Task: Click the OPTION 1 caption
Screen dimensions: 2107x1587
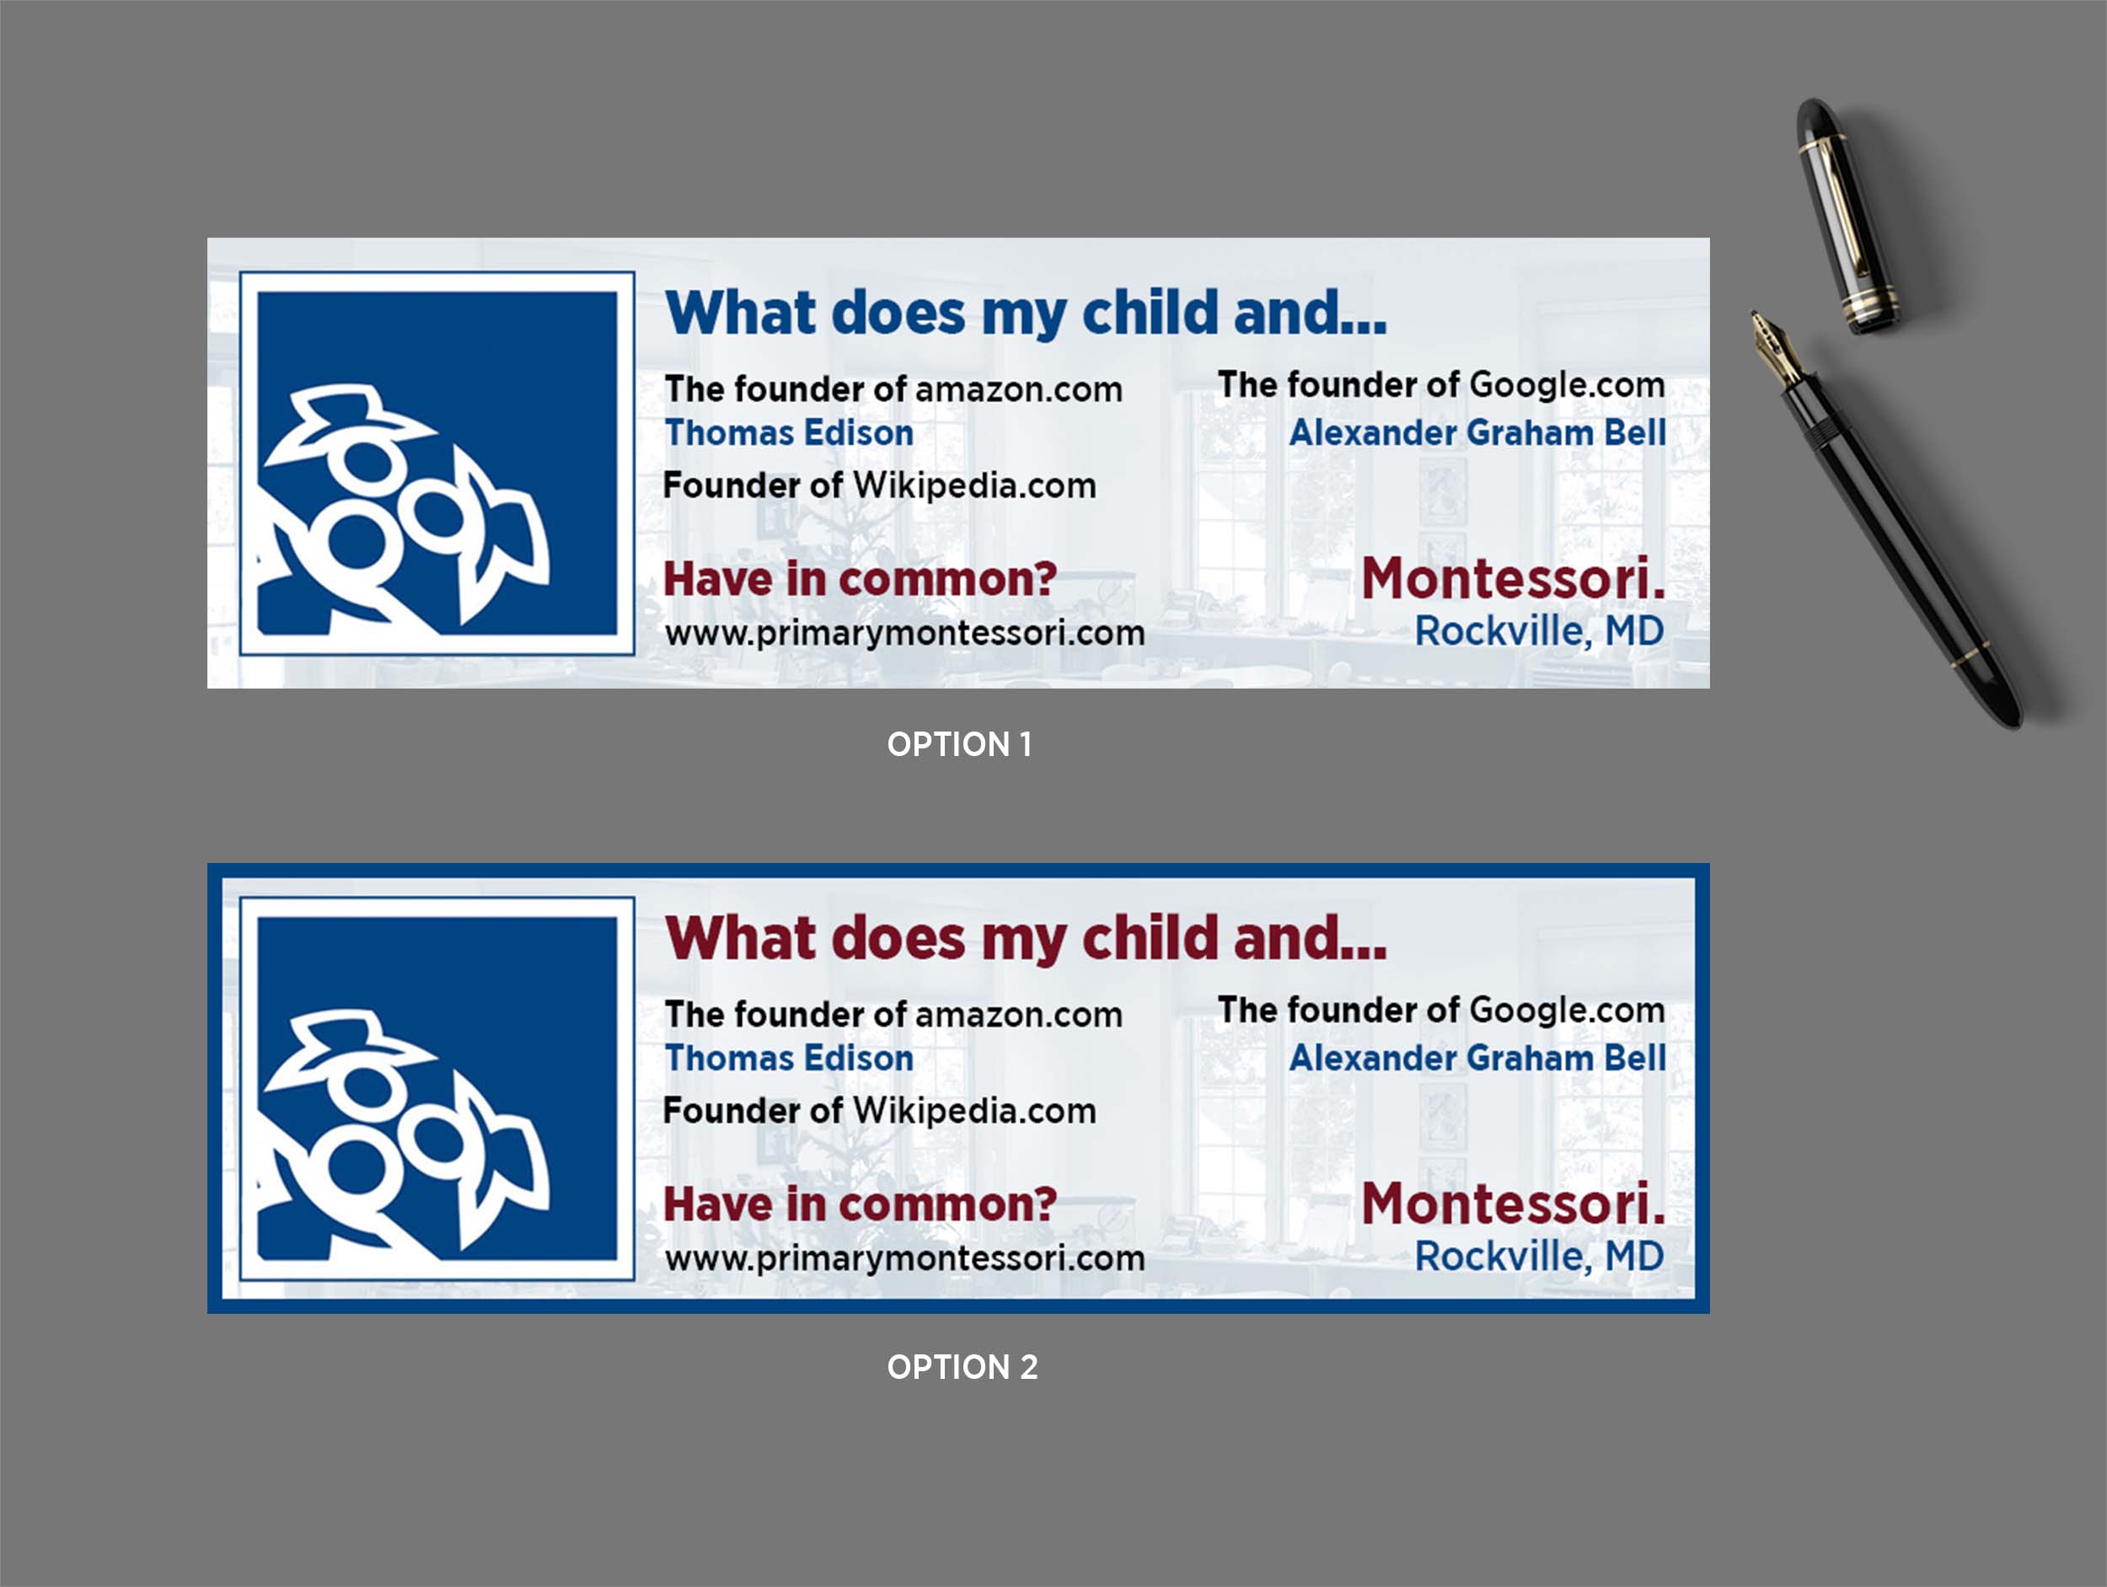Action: tap(959, 744)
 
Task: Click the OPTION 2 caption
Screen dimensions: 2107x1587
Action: tap(962, 1367)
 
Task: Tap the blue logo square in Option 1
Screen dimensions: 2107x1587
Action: tap(437, 463)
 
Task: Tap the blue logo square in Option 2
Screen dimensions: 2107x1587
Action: tap(437, 1088)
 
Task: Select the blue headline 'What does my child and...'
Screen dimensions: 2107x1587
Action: tap(1026, 314)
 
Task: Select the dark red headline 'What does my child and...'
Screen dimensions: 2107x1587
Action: tap(1026, 938)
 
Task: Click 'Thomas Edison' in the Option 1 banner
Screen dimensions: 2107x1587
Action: tap(790, 432)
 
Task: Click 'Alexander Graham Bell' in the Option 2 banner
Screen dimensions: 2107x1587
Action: tap(1477, 1058)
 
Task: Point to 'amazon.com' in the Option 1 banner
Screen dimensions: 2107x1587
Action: tap(1019, 389)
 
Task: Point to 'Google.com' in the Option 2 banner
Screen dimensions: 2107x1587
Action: tap(1567, 1010)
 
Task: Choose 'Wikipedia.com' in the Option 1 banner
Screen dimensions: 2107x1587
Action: tap(974, 485)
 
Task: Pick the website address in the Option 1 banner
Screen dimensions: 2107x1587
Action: tap(905, 634)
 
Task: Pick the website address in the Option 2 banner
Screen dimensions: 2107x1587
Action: tap(905, 1258)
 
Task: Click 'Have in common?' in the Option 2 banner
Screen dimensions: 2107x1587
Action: tap(860, 1204)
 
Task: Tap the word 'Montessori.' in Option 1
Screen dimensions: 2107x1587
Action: tap(1514, 579)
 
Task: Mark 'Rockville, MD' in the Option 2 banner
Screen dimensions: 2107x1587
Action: tap(1539, 1256)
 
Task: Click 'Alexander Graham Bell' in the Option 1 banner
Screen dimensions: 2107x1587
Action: tap(1477, 432)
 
